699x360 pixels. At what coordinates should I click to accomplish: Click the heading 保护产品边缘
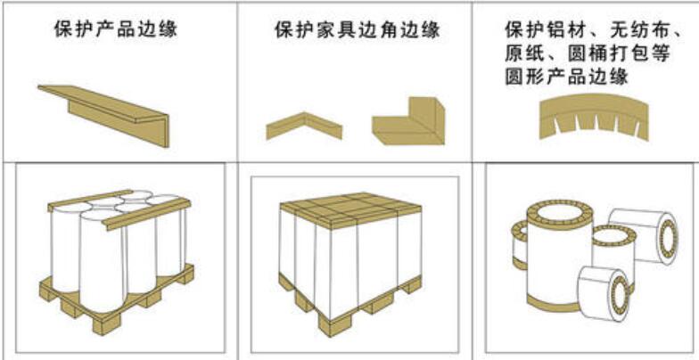(x=116, y=29)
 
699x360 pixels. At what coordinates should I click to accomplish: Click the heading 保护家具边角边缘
(x=358, y=29)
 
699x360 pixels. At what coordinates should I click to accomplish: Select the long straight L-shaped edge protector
(x=103, y=116)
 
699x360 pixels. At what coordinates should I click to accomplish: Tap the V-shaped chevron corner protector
(x=304, y=127)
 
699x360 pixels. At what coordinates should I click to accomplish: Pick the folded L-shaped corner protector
(x=408, y=121)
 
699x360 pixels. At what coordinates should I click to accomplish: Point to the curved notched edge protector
(x=594, y=117)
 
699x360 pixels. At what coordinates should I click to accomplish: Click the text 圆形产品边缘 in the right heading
(x=567, y=77)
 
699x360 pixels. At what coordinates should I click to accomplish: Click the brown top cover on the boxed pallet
(x=351, y=210)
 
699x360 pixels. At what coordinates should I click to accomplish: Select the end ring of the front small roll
(x=617, y=294)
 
